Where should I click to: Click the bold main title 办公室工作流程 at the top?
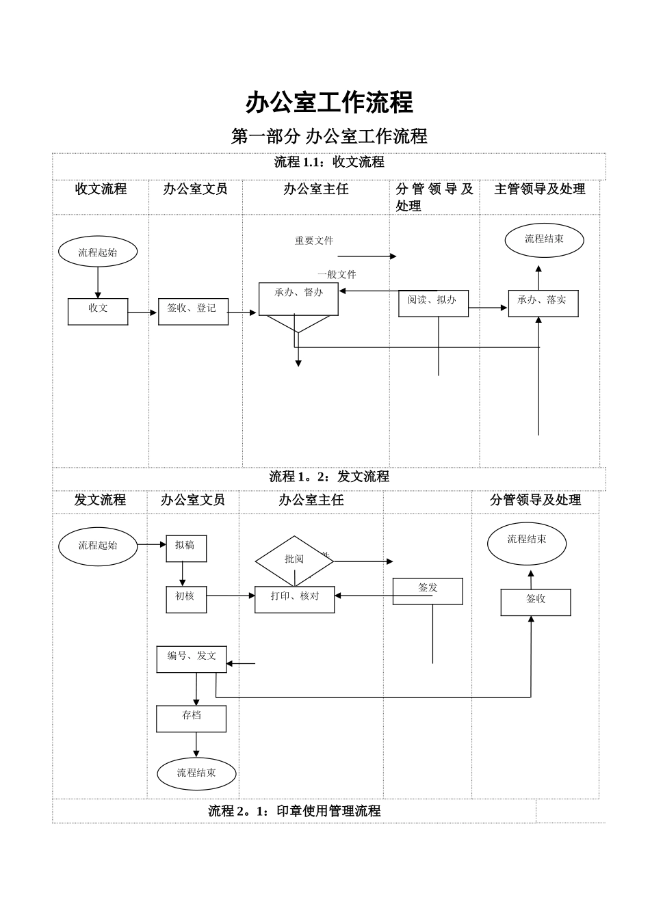click(x=329, y=103)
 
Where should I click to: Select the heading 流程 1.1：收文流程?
click(x=329, y=162)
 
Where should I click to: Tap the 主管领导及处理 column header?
click(x=539, y=189)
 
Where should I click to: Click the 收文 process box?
click(x=98, y=311)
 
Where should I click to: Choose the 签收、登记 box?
click(x=193, y=311)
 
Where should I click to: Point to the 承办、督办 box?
click(x=298, y=299)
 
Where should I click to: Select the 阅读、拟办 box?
click(x=433, y=303)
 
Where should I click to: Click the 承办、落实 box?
click(x=543, y=303)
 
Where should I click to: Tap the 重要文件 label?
click(x=314, y=241)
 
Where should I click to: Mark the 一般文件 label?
click(x=337, y=274)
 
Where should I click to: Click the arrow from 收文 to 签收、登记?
click(x=143, y=312)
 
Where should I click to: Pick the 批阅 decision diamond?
click(x=294, y=561)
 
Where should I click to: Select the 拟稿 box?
click(x=186, y=548)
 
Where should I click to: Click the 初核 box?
click(x=186, y=599)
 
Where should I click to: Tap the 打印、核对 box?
click(x=294, y=599)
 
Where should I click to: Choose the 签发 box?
click(x=428, y=591)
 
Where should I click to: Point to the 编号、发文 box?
click(x=192, y=659)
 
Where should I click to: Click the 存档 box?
click(x=192, y=719)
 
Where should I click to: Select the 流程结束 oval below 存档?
click(x=196, y=773)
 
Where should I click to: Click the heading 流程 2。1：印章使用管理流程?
click(x=294, y=811)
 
